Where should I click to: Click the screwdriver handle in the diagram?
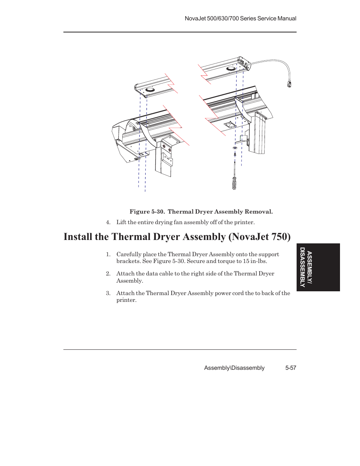pos(234,183)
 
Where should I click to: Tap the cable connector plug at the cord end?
pos(289,84)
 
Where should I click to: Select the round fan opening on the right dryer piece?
pos(231,69)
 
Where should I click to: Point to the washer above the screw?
pos(235,148)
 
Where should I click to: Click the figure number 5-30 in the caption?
pos(158,212)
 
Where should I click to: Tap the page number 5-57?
pos(291,368)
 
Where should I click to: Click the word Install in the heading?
pos(78,237)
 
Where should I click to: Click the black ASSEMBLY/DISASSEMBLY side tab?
pos(318,267)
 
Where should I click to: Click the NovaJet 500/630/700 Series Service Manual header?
pos(240,18)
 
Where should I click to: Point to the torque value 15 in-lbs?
pos(255,261)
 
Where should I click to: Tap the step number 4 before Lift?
pos(108,222)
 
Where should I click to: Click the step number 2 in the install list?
pos(108,274)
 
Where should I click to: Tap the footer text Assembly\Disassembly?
pos(234,368)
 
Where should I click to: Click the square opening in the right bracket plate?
pos(229,124)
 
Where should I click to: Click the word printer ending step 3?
pos(126,300)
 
